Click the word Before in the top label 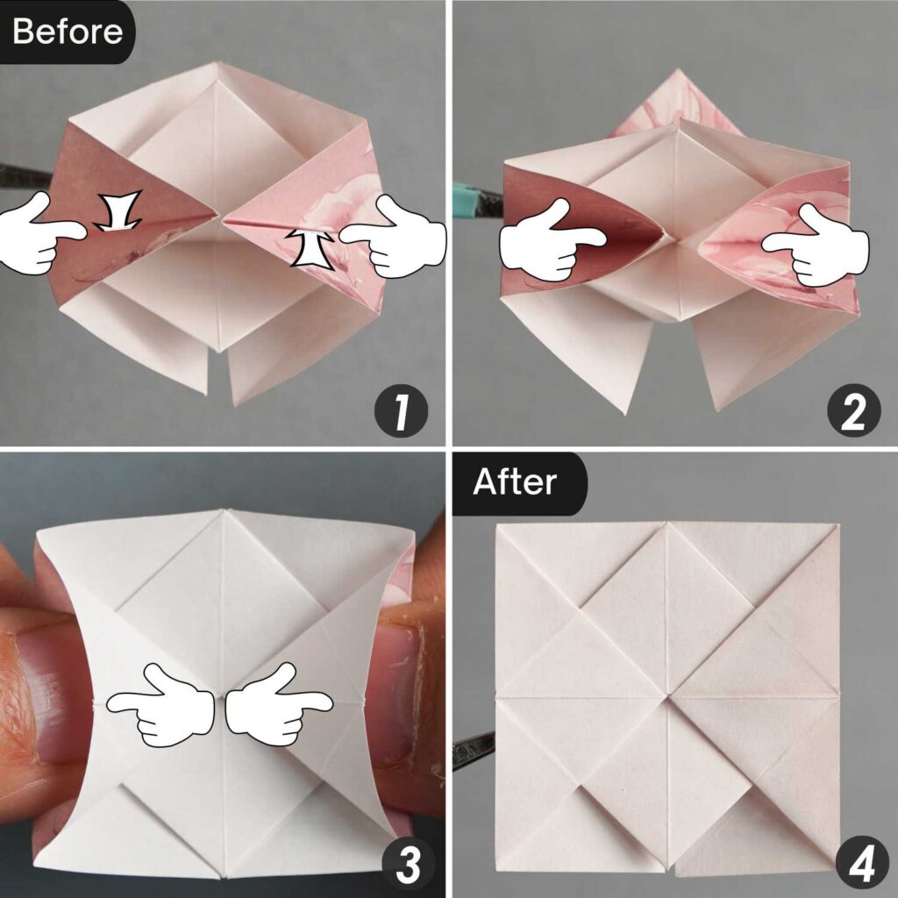click(x=67, y=32)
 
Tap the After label click(x=515, y=481)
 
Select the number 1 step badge click(x=402, y=412)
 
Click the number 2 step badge click(x=853, y=412)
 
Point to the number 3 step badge click(x=402, y=863)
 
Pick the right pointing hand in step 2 click(x=816, y=245)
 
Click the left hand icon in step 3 click(x=163, y=705)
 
